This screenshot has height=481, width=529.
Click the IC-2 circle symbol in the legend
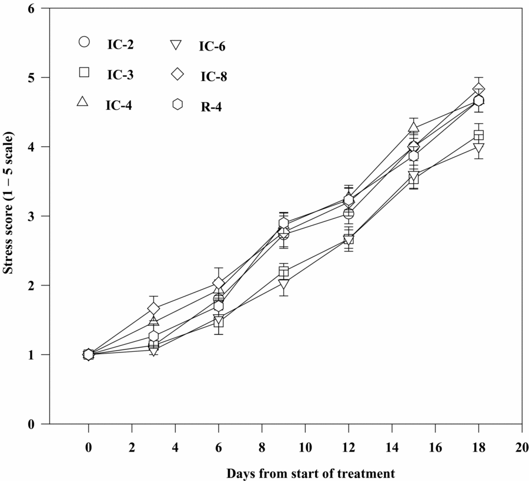pyautogui.click(x=84, y=42)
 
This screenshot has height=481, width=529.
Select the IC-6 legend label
pyautogui.click(x=212, y=46)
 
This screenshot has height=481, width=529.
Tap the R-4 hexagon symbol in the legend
pyautogui.click(x=178, y=104)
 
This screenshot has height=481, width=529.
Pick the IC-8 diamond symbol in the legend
pyautogui.click(x=178, y=74)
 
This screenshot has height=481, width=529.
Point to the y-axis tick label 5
pyautogui.click(x=38, y=78)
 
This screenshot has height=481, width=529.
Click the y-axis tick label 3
pyautogui.click(x=38, y=216)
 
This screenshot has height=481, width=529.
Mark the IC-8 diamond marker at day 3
pyautogui.click(x=153, y=308)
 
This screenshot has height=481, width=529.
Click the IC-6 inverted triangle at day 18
pyautogui.click(x=478, y=148)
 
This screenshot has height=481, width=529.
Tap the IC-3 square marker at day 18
pyautogui.click(x=478, y=136)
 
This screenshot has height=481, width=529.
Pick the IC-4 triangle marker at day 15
pyautogui.click(x=414, y=127)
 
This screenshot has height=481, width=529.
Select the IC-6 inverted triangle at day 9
pyautogui.click(x=284, y=285)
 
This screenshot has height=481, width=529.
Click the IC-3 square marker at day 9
pyautogui.click(x=284, y=273)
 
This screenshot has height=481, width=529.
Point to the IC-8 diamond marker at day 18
pyautogui.click(x=478, y=89)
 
